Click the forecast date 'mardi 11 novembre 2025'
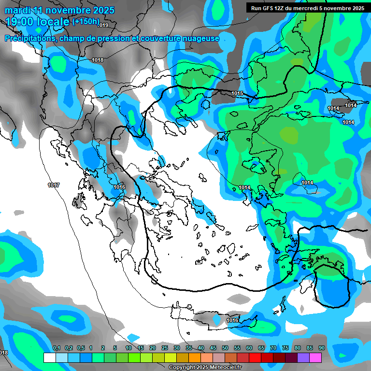59,10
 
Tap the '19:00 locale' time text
37,22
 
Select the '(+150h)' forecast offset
86,22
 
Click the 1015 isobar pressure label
237,93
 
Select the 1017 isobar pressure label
54,185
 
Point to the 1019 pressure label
103,25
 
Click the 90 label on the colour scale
322,348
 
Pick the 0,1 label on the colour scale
56,348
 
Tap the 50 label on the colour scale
225,348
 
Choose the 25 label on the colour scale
164,348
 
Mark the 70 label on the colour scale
273,348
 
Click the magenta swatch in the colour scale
315,357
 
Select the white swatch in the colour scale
49,357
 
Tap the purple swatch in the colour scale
303,357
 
